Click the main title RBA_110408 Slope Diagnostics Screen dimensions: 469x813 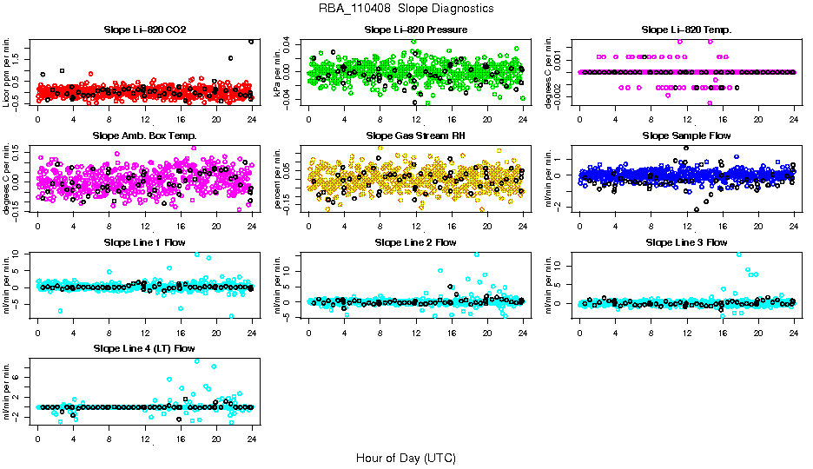click(x=406, y=9)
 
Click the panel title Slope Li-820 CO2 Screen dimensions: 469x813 click(x=143, y=30)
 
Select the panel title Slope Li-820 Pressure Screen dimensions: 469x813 click(x=416, y=30)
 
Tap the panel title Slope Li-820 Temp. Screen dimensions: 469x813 click(x=686, y=30)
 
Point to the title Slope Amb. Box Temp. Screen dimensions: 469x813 click(x=144, y=135)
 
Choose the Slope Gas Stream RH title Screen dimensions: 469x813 click(x=416, y=135)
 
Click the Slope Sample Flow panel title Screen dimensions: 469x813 click(x=686, y=135)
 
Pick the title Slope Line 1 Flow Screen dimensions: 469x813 click(x=144, y=242)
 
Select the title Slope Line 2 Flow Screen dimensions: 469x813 click(x=416, y=242)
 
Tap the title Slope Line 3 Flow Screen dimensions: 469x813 click(x=686, y=242)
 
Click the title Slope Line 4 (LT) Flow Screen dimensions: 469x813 click(x=144, y=348)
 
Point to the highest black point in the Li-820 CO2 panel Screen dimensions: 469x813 click(x=251, y=41)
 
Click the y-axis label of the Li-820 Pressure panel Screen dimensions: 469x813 click(x=280, y=72)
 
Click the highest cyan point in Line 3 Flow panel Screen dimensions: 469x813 click(x=739, y=254)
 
